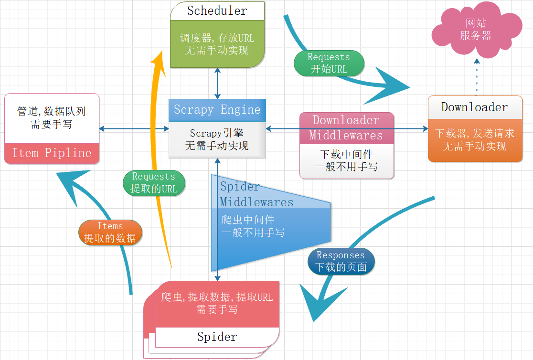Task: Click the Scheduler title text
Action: pyautogui.click(x=217, y=11)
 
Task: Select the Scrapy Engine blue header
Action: pyautogui.click(x=217, y=110)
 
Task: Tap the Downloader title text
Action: pyautogui.click(x=474, y=107)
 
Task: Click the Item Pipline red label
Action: pyautogui.click(x=52, y=153)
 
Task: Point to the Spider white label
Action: pyautogui.click(x=217, y=337)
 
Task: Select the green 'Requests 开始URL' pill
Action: pyautogui.click(x=329, y=63)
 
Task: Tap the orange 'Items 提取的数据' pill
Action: pyautogui.click(x=110, y=233)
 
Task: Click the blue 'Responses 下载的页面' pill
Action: pyautogui.click(x=341, y=261)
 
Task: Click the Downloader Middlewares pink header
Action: pyautogui.click(x=346, y=128)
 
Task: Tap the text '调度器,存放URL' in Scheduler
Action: pyautogui.click(x=217, y=38)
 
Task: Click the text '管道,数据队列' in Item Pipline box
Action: pyautogui.click(x=52, y=112)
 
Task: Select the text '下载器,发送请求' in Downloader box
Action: pyautogui.click(x=474, y=134)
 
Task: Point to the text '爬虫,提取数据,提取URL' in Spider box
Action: pyautogui.click(x=217, y=297)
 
